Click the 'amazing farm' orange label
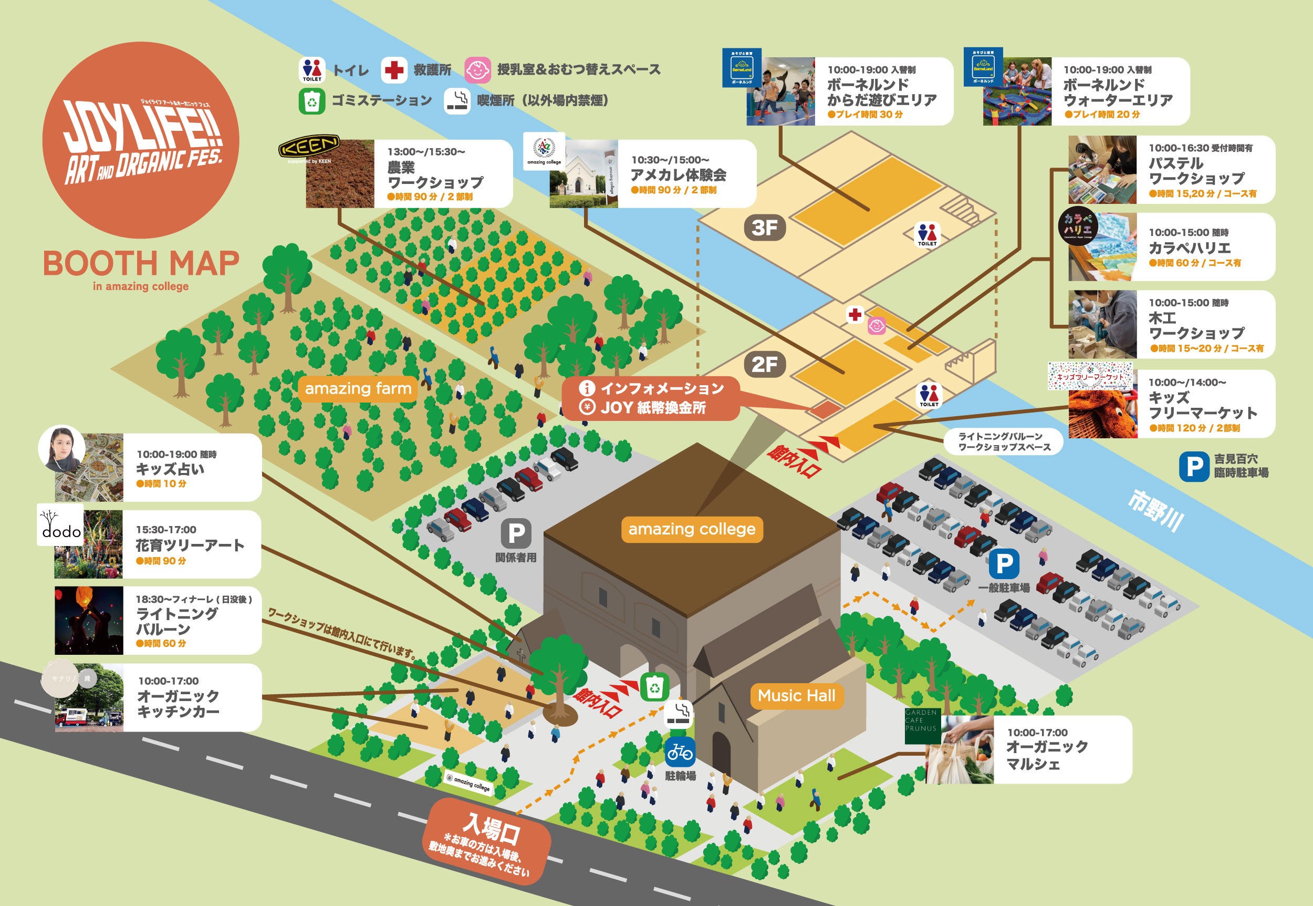[357, 389]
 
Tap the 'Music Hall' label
[796, 696]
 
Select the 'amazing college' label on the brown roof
[692, 529]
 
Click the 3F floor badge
[765, 228]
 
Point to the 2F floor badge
[765, 364]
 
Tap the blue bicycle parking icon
[680, 753]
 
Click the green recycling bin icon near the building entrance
[655, 687]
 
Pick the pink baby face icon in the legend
[477, 70]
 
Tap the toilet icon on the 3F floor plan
[928, 234]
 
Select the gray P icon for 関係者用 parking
[516, 533]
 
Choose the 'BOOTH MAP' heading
[141, 263]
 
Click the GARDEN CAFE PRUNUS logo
[921, 725]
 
